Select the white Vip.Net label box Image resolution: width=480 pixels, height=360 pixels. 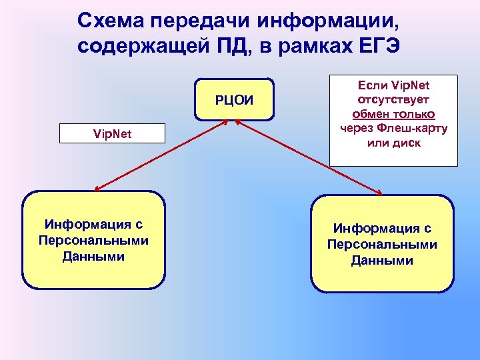(x=112, y=134)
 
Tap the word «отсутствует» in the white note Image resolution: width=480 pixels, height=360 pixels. (x=393, y=100)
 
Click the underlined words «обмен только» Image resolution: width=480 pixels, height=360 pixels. (x=393, y=114)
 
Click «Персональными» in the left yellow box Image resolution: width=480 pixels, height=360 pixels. (x=93, y=241)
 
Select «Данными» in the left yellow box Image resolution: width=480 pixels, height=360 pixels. (x=93, y=256)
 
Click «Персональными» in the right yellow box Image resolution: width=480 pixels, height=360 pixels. (x=382, y=245)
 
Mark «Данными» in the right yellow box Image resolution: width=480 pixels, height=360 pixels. (x=382, y=261)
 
